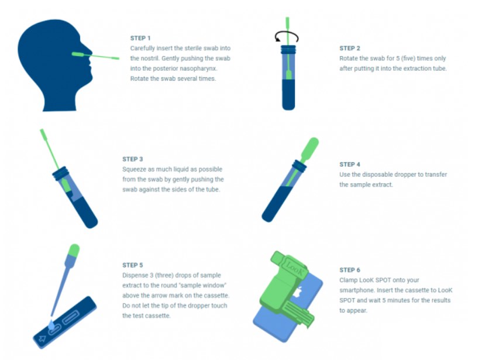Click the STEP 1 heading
point(140,38)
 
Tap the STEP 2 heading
point(350,49)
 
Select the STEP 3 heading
point(132,159)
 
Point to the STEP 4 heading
point(350,164)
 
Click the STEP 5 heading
point(132,265)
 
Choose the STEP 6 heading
point(350,270)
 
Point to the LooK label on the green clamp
point(294,268)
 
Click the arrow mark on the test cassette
point(42,339)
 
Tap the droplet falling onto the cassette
point(51,325)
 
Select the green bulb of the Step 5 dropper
point(74,251)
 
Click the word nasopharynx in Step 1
point(198,68)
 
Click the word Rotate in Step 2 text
point(348,59)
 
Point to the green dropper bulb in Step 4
point(309,147)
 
